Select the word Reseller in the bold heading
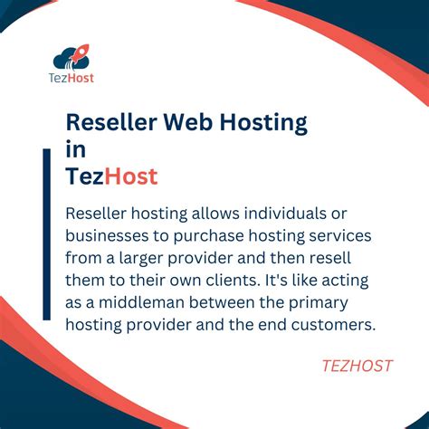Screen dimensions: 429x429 pos(110,122)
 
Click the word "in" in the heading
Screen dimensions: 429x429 pos(76,149)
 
